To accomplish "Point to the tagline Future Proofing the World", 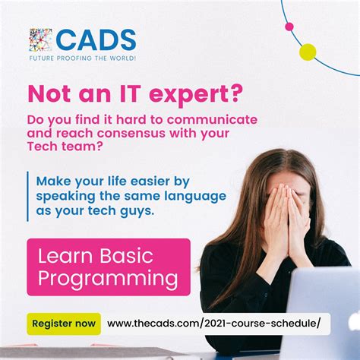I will [x=83, y=58].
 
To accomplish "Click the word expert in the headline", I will [x=207, y=95].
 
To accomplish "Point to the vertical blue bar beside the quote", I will [x=28, y=197].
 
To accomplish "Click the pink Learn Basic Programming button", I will [x=109, y=267].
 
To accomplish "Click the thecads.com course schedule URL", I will [x=219, y=324].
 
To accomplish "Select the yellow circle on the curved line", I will [x=307, y=52].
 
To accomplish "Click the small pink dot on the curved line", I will [x=289, y=27].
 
